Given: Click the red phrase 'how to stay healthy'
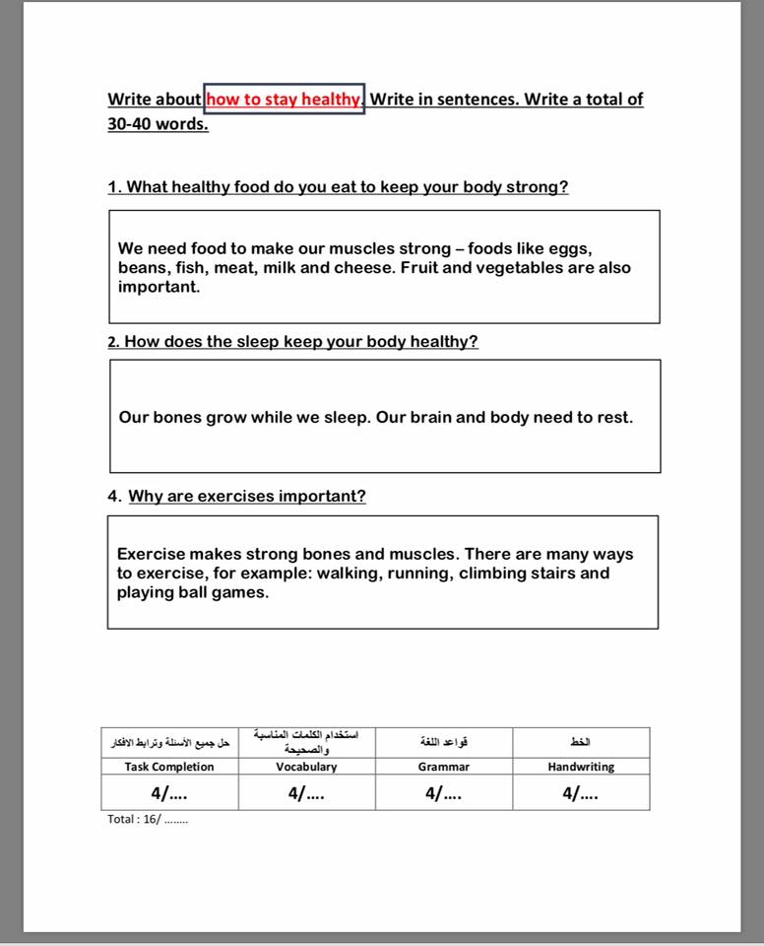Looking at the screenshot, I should pos(284,100).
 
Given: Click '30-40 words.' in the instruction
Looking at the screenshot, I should pos(158,125).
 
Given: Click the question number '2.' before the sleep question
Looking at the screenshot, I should pos(114,342).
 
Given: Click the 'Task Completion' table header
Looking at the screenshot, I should pos(169,767).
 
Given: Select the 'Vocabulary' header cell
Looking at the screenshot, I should pos(306,767).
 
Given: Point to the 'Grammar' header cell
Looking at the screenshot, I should pos(443,767).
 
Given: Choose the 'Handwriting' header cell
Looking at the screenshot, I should pos(581,767).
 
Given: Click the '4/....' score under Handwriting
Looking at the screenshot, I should pos(580,793).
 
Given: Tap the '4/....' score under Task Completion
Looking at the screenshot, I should pos(169,793).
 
